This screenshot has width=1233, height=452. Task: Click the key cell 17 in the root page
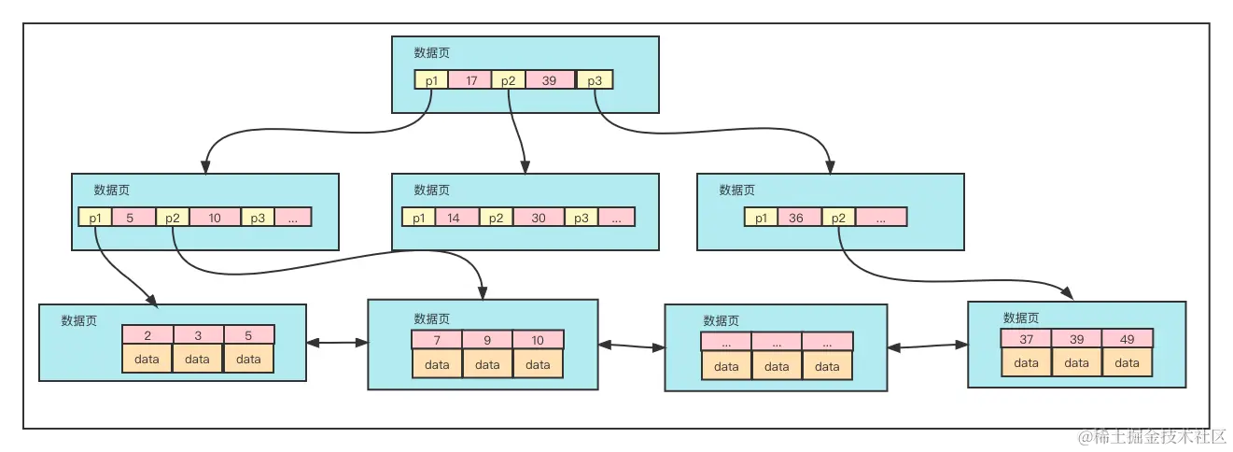click(x=470, y=80)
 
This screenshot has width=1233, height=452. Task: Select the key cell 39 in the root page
click(x=550, y=80)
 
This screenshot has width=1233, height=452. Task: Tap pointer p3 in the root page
click(x=595, y=80)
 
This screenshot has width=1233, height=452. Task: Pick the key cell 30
click(x=539, y=217)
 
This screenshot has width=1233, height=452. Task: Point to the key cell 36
click(x=795, y=217)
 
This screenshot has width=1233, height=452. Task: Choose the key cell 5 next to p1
click(x=130, y=217)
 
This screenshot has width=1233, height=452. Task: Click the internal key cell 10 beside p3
click(x=215, y=217)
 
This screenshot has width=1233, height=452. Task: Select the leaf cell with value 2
click(x=147, y=334)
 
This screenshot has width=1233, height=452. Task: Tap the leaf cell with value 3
click(x=198, y=334)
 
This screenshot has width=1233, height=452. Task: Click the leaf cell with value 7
click(x=437, y=340)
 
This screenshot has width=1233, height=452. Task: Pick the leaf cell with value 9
click(x=487, y=340)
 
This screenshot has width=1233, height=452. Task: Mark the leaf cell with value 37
click(x=1026, y=338)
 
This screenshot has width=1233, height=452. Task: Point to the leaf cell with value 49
click(x=1127, y=338)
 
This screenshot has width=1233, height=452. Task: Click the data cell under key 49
click(x=1127, y=362)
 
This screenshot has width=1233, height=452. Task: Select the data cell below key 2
click(x=147, y=359)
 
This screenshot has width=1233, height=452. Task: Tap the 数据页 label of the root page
click(x=432, y=53)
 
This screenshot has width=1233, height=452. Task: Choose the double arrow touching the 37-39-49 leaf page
click(x=928, y=346)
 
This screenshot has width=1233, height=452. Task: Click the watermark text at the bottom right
click(x=1150, y=436)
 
